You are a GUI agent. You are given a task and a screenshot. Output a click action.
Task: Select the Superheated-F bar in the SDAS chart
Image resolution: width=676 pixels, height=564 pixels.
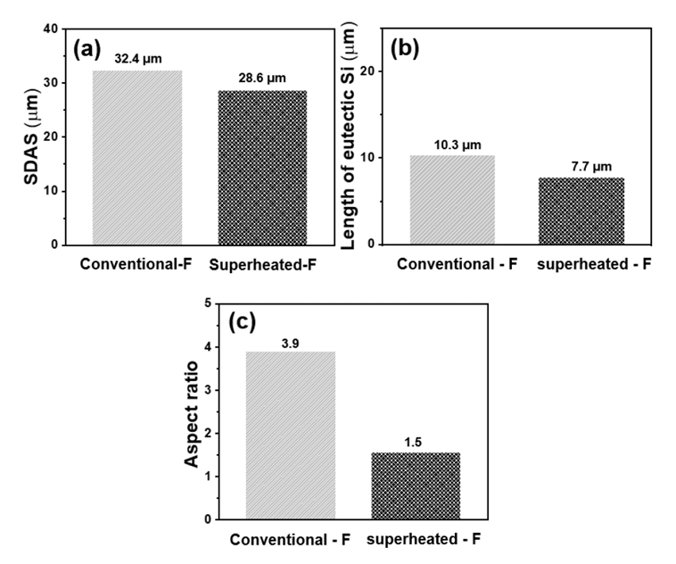(x=262, y=167)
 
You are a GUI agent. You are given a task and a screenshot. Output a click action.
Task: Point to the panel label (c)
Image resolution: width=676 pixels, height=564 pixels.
(x=256, y=322)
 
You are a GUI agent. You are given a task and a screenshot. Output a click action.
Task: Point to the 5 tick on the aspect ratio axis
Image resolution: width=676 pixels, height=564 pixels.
(x=208, y=303)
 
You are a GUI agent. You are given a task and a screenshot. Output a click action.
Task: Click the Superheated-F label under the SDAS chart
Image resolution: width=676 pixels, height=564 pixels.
(x=262, y=264)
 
